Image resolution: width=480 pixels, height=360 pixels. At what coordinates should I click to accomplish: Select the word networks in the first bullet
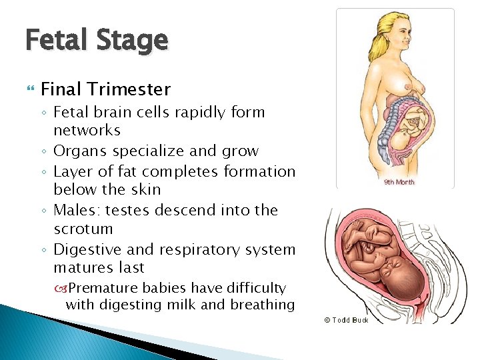click(x=87, y=130)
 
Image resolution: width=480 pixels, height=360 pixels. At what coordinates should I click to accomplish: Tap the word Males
click(x=75, y=210)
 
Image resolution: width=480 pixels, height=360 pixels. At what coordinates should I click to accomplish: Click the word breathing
click(x=263, y=305)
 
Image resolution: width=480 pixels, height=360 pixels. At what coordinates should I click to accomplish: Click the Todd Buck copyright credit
click(x=346, y=320)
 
